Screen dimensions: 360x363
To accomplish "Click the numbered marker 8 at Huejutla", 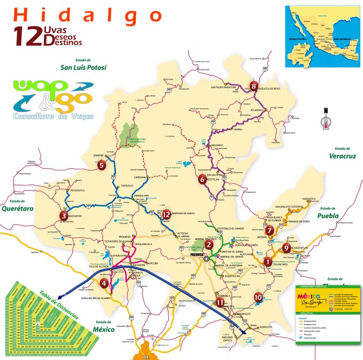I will point(253,86).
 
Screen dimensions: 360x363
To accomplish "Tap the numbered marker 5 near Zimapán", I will point(102,165).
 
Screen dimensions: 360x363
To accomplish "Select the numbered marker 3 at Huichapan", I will point(64,216).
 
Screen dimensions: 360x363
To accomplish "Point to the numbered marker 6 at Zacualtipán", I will point(202,179).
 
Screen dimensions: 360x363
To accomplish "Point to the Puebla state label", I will point(329,216).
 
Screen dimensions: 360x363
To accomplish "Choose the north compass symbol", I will point(323,120).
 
